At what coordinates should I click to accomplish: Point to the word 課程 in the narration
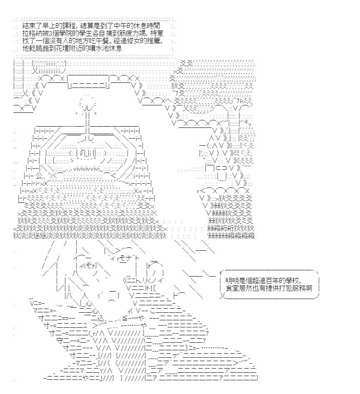click(x=70, y=26)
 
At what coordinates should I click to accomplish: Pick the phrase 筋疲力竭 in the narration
click(x=133, y=33)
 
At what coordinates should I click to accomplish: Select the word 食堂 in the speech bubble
click(x=232, y=288)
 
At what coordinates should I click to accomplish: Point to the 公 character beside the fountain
click(x=39, y=176)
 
